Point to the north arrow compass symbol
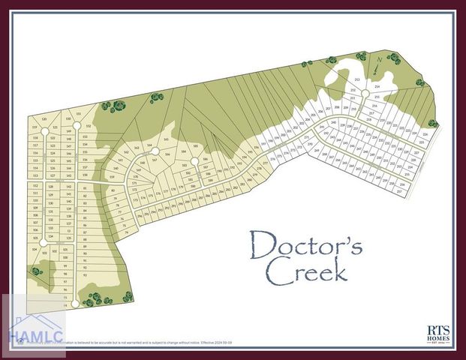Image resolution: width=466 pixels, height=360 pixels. [380, 59]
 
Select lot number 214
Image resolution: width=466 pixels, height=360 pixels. [377, 87]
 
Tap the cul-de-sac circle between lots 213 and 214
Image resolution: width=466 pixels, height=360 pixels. [364, 94]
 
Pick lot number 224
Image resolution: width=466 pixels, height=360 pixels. [425, 134]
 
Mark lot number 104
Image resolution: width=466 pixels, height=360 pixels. [35, 248]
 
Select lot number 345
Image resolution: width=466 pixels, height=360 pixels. [165, 139]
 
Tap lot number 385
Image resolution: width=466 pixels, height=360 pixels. [195, 147]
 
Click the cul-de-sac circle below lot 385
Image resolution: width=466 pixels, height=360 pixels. [194, 160]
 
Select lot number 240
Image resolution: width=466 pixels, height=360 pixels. [333, 122]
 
